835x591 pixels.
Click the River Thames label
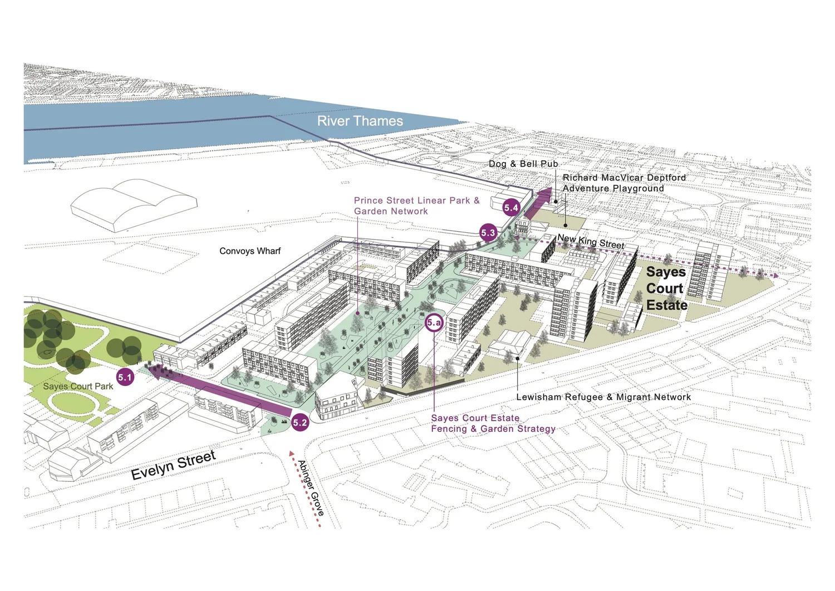pyautogui.click(x=360, y=121)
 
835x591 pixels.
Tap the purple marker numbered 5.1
pyautogui.click(x=125, y=377)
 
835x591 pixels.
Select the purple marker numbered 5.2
pyautogui.click(x=300, y=422)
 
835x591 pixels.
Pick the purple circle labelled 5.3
pyautogui.click(x=488, y=233)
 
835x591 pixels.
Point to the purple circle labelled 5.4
pyautogui.click(x=511, y=208)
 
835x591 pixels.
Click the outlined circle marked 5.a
pyautogui.click(x=434, y=323)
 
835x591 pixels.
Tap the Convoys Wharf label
pyautogui.click(x=250, y=251)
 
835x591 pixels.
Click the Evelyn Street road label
pyautogui.click(x=173, y=465)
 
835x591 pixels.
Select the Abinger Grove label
pyautogui.click(x=311, y=487)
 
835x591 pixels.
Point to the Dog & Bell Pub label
pyautogui.click(x=523, y=164)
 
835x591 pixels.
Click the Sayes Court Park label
pyautogui.click(x=78, y=386)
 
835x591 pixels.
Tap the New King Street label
pyautogui.click(x=591, y=241)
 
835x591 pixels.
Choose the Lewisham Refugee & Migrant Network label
pyautogui.click(x=603, y=397)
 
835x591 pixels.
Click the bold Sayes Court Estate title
pyautogui.click(x=666, y=289)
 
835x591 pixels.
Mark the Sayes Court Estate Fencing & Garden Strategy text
pyautogui.click(x=493, y=423)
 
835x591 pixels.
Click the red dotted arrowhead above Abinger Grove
pyautogui.click(x=291, y=453)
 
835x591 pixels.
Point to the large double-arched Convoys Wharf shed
pyautogui.click(x=134, y=204)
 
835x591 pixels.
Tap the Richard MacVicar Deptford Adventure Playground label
pyautogui.click(x=623, y=183)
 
